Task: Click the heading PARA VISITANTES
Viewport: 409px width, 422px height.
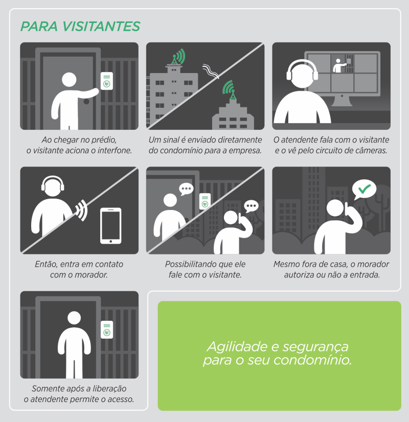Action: click(x=80, y=27)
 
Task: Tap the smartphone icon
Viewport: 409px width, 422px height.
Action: click(x=110, y=226)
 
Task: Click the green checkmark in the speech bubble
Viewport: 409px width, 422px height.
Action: click(x=365, y=189)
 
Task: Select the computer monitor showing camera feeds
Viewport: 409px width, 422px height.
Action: click(x=342, y=78)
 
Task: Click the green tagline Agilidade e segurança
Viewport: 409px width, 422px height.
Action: click(x=278, y=346)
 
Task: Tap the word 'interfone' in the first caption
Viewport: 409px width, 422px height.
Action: click(x=115, y=150)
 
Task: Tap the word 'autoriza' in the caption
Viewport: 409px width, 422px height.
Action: click(x=297, y=275)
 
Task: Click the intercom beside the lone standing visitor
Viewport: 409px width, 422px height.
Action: click(x=107, y=330)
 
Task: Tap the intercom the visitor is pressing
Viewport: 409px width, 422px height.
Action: click(x=107, y=81)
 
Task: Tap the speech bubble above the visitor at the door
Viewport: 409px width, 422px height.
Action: click(x=186, y=189)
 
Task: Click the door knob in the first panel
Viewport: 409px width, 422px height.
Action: click(x=86, y=102)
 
